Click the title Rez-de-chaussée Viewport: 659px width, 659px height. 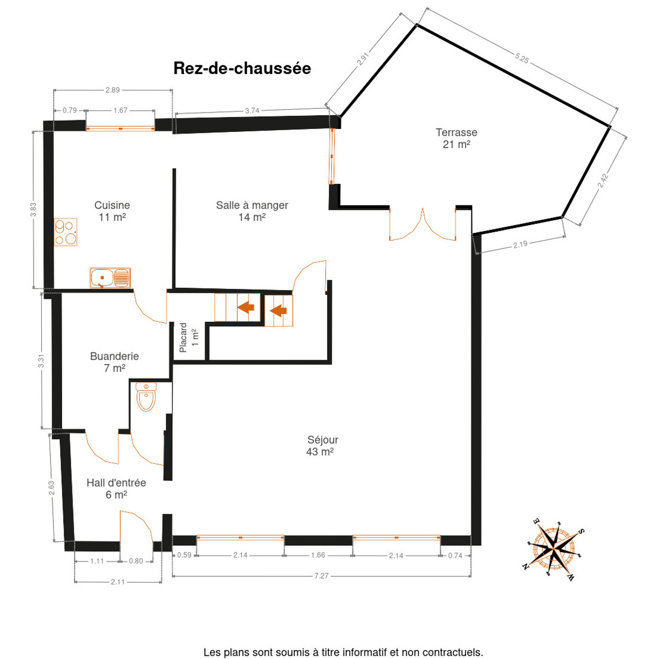[x=242, y=69]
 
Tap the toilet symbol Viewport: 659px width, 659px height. [x=146, y=396]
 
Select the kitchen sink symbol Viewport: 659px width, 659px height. [x=110, y=278]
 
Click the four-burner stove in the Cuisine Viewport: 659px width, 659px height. [x=65, y=232]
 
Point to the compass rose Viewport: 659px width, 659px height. [x=554, y=549]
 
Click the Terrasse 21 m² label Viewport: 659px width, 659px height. [x=456, y=138]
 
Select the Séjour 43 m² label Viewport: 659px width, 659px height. [x=322, y=445]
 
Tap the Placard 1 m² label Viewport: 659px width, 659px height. [x=188, y=338]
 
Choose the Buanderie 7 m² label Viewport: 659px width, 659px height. [x=114, y=362]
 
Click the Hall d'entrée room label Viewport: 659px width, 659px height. [x=116, y=489]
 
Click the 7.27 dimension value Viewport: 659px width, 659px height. [x=321, y=576]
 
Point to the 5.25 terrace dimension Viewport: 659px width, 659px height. [x=522, y=58]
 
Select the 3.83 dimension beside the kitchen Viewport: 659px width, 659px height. [x=33, y=210]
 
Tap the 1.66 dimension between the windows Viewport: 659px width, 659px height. [x=318, y=555]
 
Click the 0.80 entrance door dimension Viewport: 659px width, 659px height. [x=136, y=561]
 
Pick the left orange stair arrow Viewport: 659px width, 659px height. [x=245, y=307]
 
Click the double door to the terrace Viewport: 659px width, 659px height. [x=422, y=224]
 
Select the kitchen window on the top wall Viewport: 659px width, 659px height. [x=120, y=129]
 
